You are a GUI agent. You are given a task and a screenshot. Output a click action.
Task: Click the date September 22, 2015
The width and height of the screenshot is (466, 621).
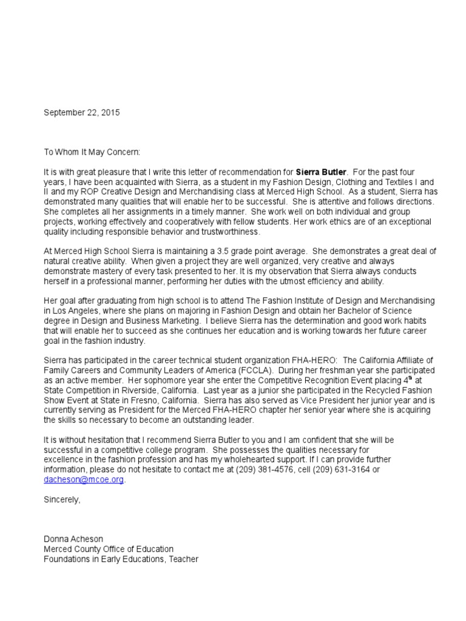click(82, 113)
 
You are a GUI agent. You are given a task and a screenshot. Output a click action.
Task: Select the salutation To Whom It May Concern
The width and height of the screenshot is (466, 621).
click(92, 152)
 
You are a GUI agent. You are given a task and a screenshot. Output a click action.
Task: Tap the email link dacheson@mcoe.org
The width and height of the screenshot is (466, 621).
click(84, 479)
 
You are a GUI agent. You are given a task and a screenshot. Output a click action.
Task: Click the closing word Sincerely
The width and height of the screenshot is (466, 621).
click(61, 499)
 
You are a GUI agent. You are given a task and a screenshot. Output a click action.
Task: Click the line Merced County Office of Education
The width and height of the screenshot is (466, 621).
click(108, 548)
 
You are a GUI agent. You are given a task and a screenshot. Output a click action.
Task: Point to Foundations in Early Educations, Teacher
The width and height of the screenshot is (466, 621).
click(121, 559)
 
